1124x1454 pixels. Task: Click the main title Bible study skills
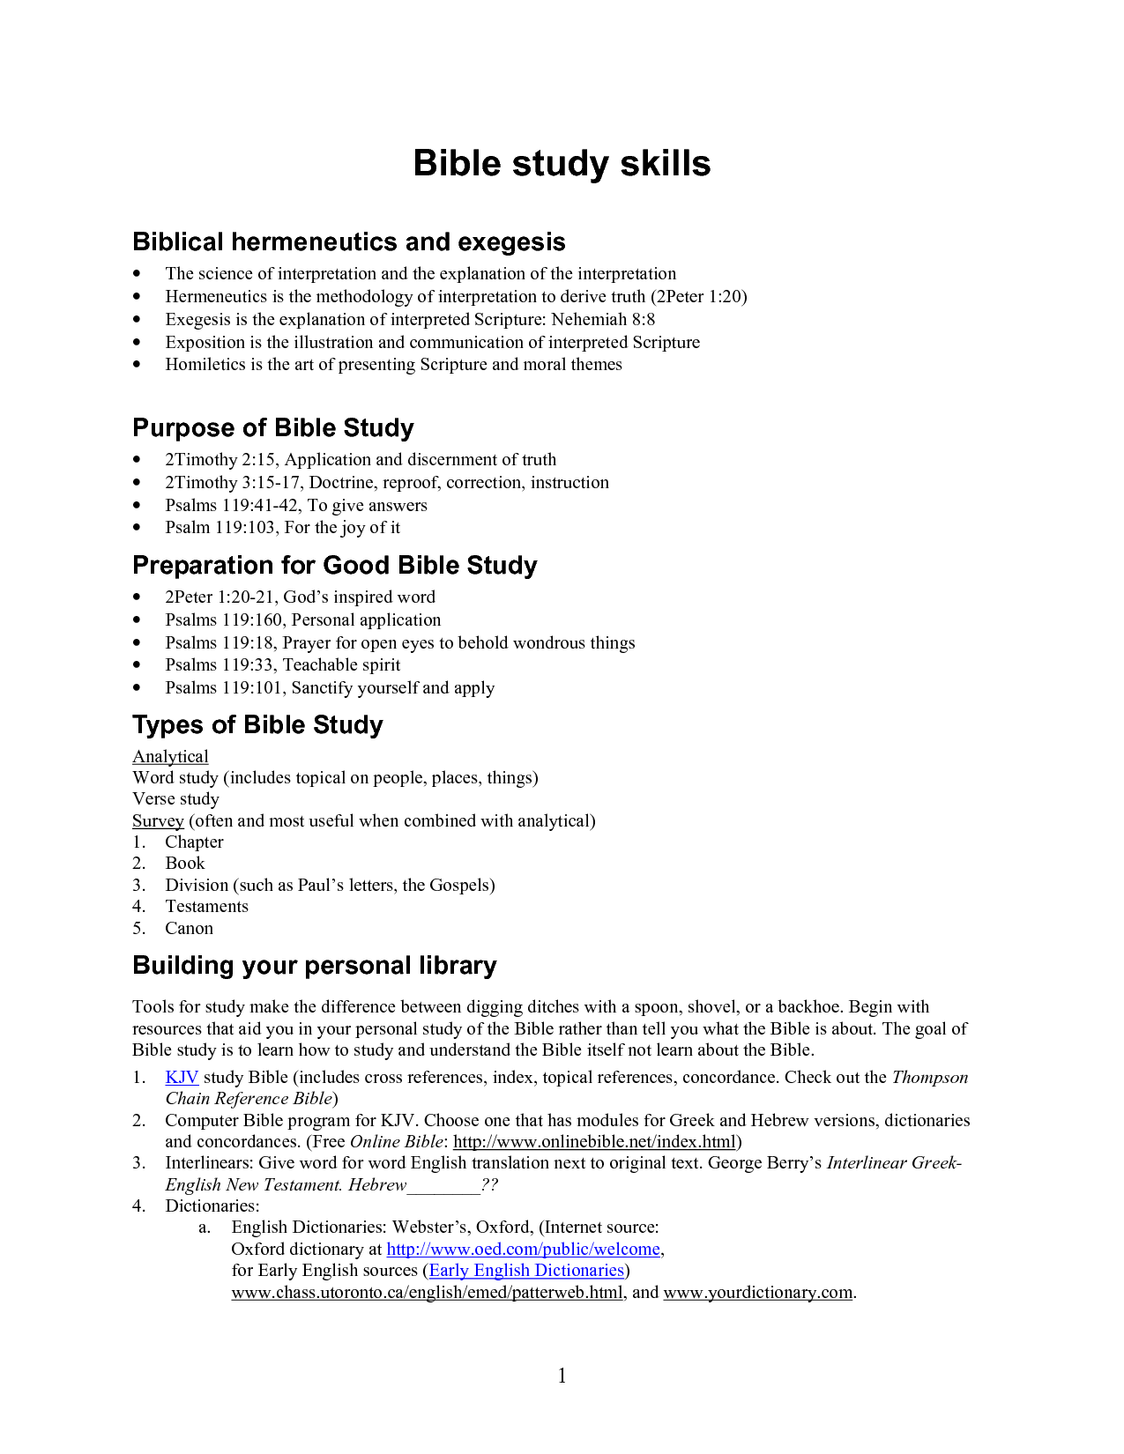(562, 164)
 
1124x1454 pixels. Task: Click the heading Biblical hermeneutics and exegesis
(348, 241)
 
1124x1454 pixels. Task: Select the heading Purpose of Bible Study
(272, 427)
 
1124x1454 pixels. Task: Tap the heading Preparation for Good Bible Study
(334, 565)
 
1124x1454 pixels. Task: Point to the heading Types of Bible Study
(257, 724)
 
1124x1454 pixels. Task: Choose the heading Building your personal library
(314, 965)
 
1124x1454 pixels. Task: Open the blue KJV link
(182, 1077)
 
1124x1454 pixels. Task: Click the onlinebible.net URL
(594, 1141)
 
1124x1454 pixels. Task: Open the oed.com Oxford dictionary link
(524, 1249)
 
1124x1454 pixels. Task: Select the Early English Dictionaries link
(526, 1270)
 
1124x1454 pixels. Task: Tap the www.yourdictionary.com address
(758, 1292)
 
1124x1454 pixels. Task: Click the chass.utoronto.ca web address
(427, 1292)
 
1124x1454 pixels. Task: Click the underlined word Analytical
(170, 756)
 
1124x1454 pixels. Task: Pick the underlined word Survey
(158, 820)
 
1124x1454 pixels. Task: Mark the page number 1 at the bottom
(562, 1376)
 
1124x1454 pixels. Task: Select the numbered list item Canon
(189, 928)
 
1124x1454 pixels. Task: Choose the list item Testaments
(206, 906)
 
